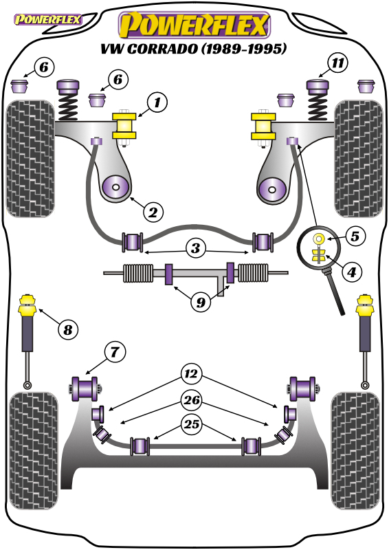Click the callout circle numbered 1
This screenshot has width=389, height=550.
tap(157, 102)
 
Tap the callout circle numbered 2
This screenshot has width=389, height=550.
tap(153, 212)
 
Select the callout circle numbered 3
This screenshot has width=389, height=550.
tap(196, 248)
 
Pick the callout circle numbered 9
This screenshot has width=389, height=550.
tap(201, 302)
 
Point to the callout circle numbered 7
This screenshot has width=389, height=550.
tap(115, 352)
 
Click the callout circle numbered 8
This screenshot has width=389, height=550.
tap(68, 329)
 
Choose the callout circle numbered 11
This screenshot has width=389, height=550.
tap(337, 63)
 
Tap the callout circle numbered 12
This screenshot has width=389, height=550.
tap(192, 374)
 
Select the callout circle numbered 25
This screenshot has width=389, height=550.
tap(192, 424)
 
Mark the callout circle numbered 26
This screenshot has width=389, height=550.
tap(192, 399)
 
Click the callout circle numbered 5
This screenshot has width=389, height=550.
tap(355, 236)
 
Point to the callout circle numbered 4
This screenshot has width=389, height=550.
tap(352, 271)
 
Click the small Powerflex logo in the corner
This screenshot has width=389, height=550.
tap(47, 20)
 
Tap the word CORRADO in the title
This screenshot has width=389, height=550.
tap(162, 48)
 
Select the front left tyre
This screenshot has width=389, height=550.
tap(30, 159)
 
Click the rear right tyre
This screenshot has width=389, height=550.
tap(355, 451)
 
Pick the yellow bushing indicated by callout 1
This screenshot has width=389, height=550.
tap(124, 126)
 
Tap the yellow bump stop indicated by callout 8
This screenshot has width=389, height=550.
tap(27, 305)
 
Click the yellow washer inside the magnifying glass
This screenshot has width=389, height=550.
tap(318, 239)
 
